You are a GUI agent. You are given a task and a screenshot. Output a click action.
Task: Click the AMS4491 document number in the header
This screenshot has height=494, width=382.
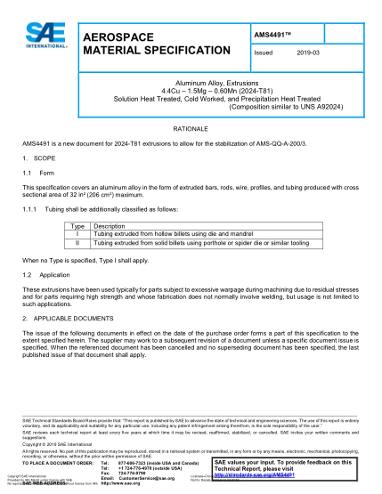[273, 34]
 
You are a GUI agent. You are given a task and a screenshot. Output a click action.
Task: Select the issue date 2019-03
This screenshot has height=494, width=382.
[309, 53]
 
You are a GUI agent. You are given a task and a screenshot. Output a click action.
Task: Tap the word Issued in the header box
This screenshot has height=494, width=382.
[264, 53]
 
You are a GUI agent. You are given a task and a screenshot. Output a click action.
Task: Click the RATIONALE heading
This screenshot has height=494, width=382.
[191, 128]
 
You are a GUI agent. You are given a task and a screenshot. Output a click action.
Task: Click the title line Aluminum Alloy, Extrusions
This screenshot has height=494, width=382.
[191, 78]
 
